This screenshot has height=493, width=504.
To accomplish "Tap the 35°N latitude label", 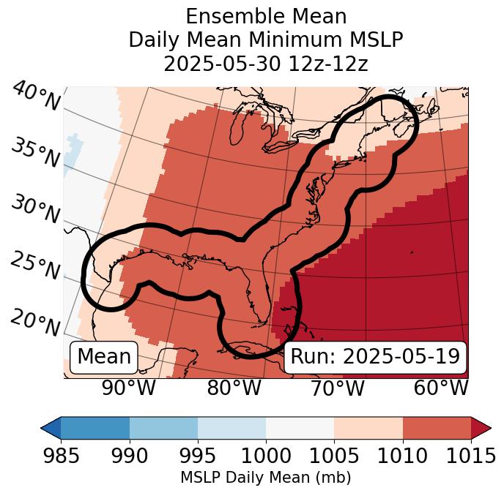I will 35,153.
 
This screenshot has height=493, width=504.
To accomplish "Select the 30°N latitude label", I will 35,210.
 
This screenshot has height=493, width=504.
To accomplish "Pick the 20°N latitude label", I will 35,321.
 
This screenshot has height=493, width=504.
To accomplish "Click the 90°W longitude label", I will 129,388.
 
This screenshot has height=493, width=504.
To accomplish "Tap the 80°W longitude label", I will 234,388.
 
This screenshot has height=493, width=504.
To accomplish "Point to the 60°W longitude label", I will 441,388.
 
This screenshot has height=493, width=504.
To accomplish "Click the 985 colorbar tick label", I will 61,456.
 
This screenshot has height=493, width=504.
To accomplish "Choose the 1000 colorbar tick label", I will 266,456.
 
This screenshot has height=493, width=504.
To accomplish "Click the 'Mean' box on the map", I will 104,357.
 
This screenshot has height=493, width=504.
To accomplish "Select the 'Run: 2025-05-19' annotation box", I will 375,357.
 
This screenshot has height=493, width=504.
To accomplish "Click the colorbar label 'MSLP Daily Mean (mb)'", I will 266,478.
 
